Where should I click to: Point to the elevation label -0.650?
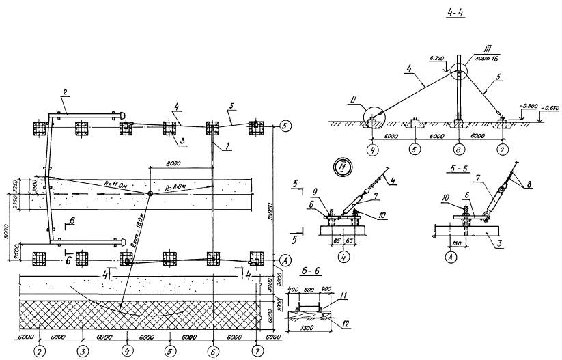549,108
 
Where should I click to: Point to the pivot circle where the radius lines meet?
150,194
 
